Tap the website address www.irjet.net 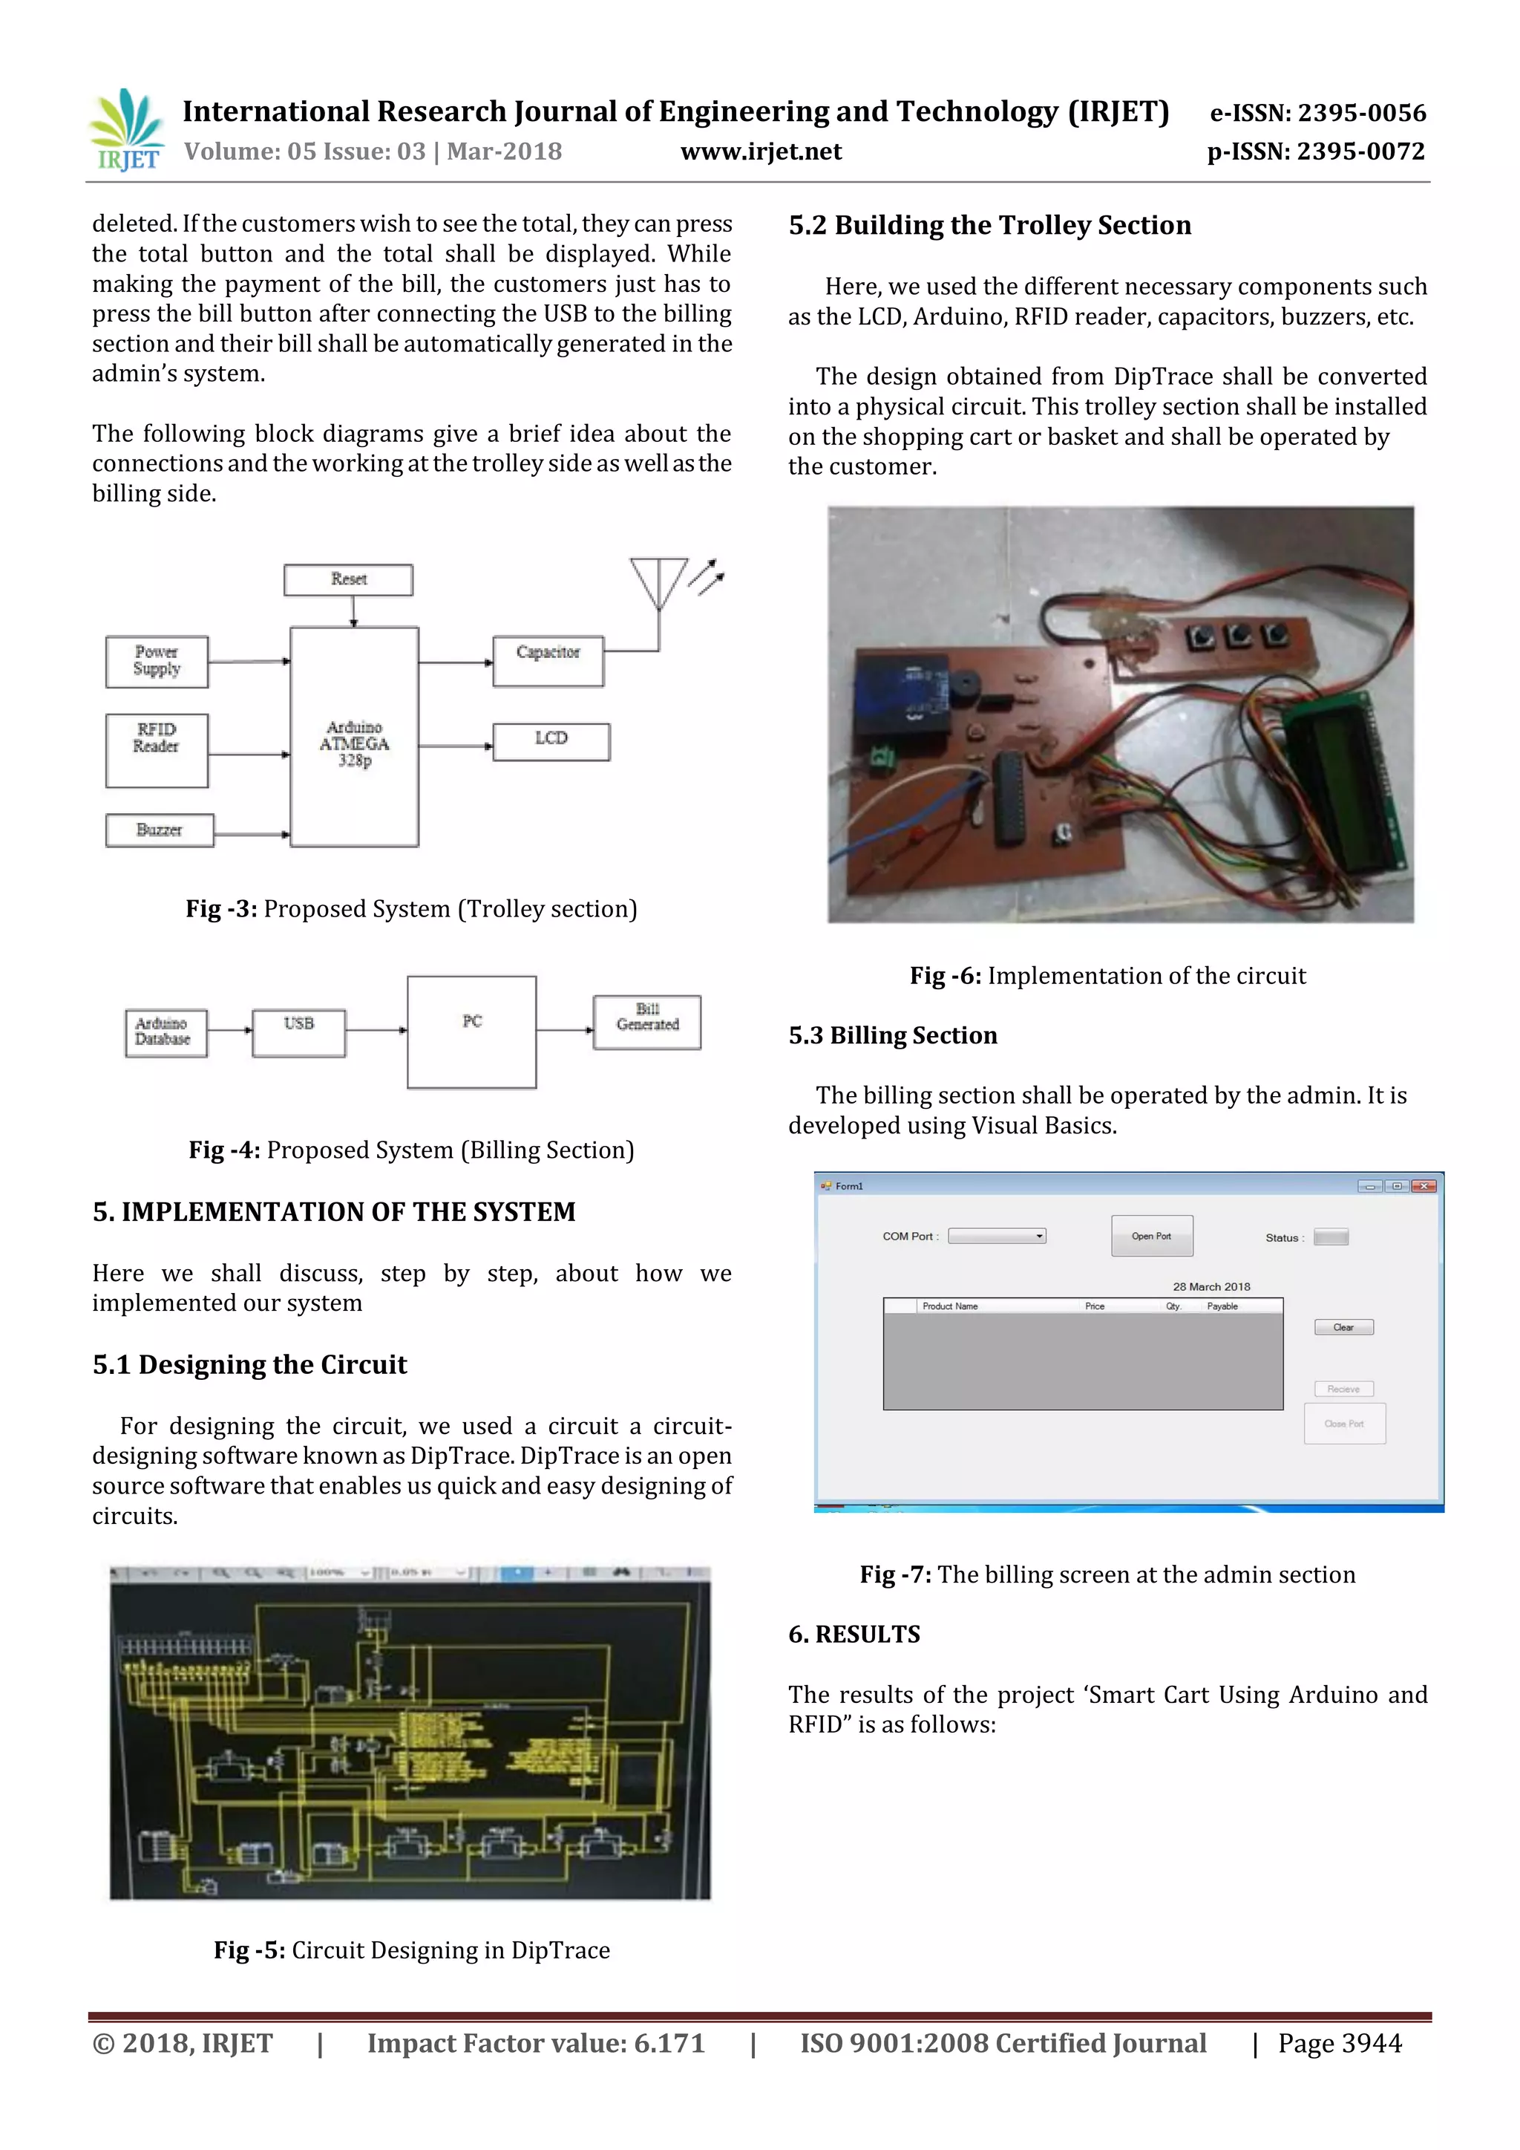760,152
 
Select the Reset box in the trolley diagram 348,579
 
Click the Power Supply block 157,661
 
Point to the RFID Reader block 157,749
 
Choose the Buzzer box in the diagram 159,830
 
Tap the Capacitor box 548,661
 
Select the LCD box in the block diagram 551,740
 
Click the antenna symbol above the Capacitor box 659,582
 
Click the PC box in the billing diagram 472,1031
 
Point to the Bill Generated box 646,1022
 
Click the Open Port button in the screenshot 1151,1235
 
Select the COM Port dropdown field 996,1236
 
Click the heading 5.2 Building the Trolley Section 989,226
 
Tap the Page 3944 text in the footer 1340,2043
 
